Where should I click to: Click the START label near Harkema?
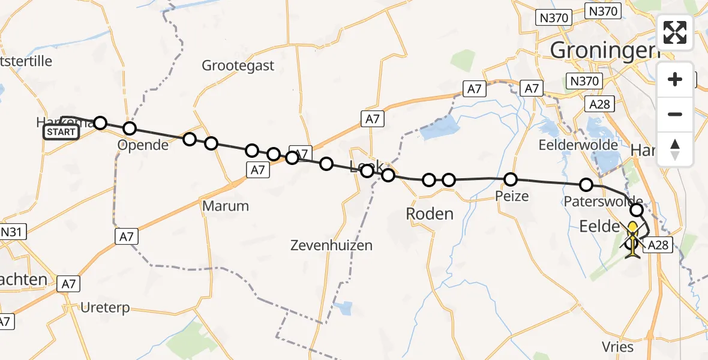coord(61,132)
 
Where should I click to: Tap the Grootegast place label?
coord(238,65)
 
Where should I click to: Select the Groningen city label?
coord(601,50)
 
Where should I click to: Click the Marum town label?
coord(226,206)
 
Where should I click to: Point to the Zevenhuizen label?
coord(331,245)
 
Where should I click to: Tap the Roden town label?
coord(430,214)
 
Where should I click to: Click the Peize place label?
coord(512,196)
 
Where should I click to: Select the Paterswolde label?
coord(604,201)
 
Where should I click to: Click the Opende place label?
coord(143,145)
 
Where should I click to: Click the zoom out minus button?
coord(675,114)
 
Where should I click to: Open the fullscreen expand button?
coord(675,32)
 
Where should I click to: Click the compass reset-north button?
coord(675,149)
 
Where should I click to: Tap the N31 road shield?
coord(13,232)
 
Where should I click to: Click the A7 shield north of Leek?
coord(372,119)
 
